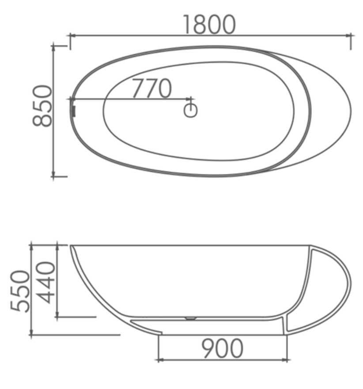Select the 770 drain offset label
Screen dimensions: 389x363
click(x=151, y=89)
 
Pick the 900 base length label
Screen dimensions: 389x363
click(x=223, y=349)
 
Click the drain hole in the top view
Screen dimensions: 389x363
click(x=191, y=110)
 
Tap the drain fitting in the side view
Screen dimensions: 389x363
click(x=191, y=317)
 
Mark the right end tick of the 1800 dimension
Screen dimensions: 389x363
click(x=351, y=35)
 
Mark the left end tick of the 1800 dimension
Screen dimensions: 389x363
click(x=70, y=35)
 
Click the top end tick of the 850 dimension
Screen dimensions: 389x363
click(x=53, y=45)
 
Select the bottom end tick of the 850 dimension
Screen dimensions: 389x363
click(x=53, y=176)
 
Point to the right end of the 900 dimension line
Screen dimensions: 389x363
click(x=287, y=360)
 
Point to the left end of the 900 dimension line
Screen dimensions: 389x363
click(x=158, y=360)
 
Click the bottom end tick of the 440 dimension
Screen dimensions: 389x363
click(x=57, y=317)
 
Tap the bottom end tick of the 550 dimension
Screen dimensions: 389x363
click(x=31, y=335)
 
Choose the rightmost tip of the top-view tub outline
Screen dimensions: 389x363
click(x=352, y=110)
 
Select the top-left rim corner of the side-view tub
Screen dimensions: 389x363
click(x=71, y=245)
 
